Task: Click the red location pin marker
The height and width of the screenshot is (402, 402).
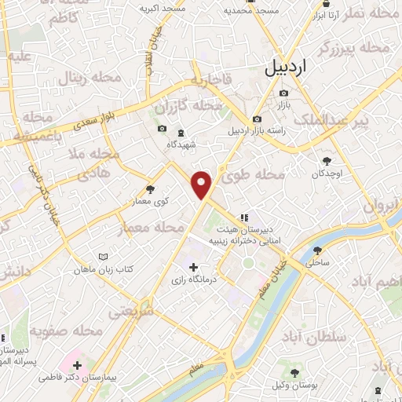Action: tap(203, 185)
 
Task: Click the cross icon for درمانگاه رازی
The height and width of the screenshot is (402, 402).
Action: tap(193, 268)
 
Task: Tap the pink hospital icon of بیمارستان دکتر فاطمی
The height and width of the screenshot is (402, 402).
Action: tap(77, 365)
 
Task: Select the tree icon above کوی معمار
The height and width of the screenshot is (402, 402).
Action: tap(150, 189)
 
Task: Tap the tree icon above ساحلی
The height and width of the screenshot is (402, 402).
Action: tap(317, 250)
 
